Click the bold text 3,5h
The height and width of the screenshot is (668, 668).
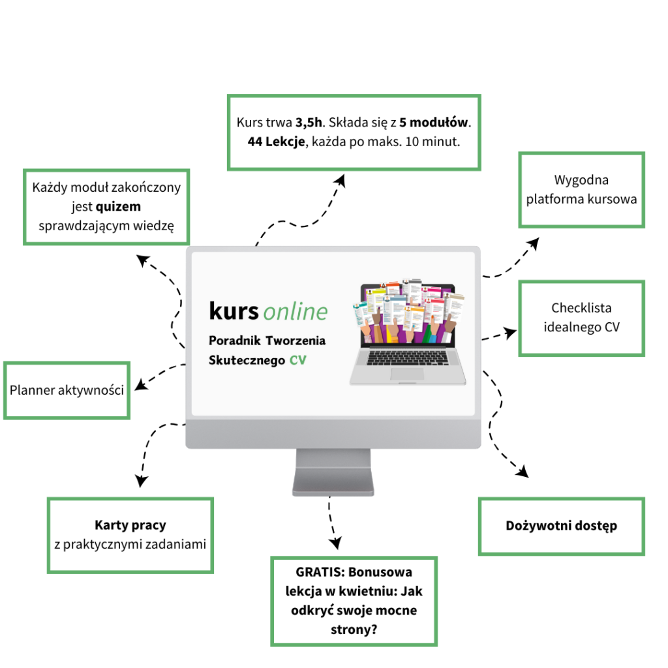(x=309, y=122)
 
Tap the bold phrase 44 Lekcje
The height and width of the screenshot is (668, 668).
(x=276, y=142)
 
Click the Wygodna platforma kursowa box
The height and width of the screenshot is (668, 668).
(x=581, y=190)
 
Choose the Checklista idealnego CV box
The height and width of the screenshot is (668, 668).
(x=581, y=318)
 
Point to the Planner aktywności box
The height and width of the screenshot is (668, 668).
(x=67, y=390)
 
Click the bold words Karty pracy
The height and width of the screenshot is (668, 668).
(x=130, y=524)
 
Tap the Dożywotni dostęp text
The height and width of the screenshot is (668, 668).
(x=561, y=526)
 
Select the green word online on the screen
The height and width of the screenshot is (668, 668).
(x=296, y=312)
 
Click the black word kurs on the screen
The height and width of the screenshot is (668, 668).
(x=234, y=311)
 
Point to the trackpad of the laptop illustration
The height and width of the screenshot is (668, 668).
(x=406, y=374)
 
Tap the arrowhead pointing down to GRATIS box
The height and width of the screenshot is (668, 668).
(x=335, y=543)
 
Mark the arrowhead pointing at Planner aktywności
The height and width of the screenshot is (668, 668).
(x=140, y=386)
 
